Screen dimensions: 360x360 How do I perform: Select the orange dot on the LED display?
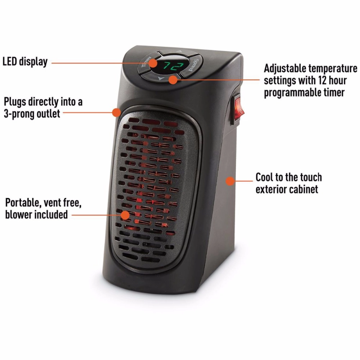pos(153,63)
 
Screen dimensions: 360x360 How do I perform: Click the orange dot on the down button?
pos(173,79)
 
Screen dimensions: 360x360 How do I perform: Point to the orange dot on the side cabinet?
pos(230,181)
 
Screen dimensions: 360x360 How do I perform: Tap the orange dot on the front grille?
pos(125,215)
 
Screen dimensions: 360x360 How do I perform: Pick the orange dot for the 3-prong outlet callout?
pos(116,112)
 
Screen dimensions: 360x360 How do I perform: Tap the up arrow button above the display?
pos(180,52)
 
